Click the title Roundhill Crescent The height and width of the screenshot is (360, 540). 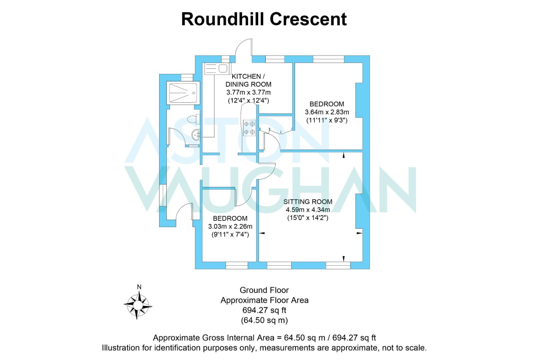(x=264, y=19)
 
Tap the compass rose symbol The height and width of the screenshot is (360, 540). (x=138, y=306)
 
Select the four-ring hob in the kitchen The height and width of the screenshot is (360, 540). (x=249, y=128)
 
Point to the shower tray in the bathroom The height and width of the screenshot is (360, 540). (x=183, y=93)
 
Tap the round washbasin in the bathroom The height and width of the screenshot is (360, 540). (x=196, y=135)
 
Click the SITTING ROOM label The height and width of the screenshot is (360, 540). (x=308, y=202)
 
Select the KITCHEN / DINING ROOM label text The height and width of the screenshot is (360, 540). (x=248, y=80)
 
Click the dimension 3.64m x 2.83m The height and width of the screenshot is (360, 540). (x=327, y=112)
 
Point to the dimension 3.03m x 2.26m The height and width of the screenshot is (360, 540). (x=230, y=226)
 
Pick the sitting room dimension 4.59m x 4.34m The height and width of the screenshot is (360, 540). (x=308, y=210)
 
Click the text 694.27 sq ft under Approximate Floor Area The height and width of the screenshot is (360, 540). (x=264, y=310)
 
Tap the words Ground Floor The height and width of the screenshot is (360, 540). (x=264, y=290)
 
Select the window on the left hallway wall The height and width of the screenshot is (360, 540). (x=163, y=195)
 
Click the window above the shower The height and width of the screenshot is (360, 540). (x=187, y=77)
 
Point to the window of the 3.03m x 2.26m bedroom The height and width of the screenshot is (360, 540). (x=237, y=265)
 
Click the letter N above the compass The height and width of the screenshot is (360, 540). (x=139, y=287)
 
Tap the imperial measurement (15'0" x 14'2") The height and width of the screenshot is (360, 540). (x=308, y=218)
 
